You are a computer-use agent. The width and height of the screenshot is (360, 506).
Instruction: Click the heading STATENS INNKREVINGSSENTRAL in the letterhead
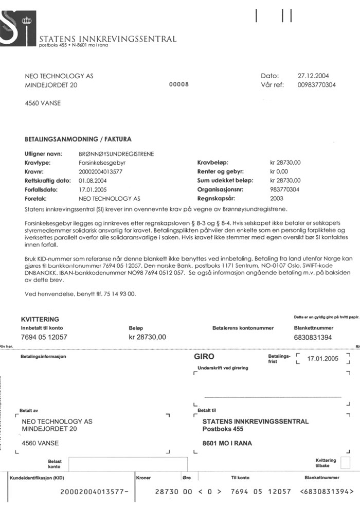tap(107, 39)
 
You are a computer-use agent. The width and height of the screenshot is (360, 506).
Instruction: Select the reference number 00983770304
tap(316, 85)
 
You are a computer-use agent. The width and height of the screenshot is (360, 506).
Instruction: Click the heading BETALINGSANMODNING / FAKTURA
tap(78, 139)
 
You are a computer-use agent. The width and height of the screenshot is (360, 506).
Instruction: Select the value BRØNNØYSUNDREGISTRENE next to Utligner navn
tap(116, 153)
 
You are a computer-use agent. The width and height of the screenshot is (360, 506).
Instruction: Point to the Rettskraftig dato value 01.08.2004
tap(94, 181)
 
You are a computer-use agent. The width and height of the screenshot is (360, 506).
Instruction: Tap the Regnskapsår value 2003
tap(276, 198)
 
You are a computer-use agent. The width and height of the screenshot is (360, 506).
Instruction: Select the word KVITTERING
tap(40, 319)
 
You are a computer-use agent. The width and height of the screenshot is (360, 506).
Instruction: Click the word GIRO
tap(204, 356)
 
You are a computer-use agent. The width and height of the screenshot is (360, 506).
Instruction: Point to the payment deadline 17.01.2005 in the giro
tap(322, 359)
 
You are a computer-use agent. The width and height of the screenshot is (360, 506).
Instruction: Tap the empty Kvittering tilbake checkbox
tap(345, 462)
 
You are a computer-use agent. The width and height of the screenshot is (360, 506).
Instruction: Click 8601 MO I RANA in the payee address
tap(227, 443)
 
